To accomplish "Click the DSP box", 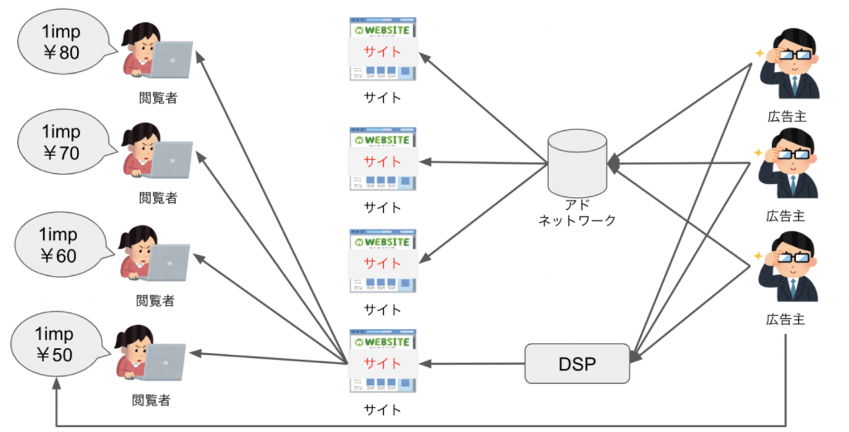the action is pyautogui.click(x=577, y=364).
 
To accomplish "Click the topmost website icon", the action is pyautogui.click(x=383, y=49).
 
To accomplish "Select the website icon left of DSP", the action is pyautogui.click(x=383, y=361).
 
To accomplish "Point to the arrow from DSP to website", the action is pyautogui.click(x=472, y=364).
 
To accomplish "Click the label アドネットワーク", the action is pyautogui.click(x=577, y=213).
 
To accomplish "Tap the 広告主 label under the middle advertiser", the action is pyautogui.click(x=785, y=216).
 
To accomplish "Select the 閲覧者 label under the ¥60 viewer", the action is pyautogui.click(x=155, y=301).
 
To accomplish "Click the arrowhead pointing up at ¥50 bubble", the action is pyautogui.click(x=57, y=384).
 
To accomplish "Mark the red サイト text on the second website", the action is pyautogui.click(x=383, y=162).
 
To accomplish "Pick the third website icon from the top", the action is pyautogui.click(x=383, y=261).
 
